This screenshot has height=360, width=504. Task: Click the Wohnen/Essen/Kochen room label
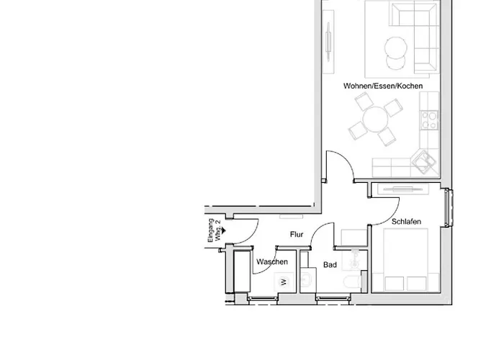(x=383, y=86)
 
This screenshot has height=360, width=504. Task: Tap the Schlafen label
(x=406, y=222)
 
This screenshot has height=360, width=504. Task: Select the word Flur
(x=297, y=234)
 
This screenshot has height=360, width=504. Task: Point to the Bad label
(x=330, y=264)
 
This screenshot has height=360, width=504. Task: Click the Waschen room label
(x=272, y=261)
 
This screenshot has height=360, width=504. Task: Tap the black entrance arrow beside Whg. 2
(x=224, y=230)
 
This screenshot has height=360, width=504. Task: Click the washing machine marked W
(x=284, y=282)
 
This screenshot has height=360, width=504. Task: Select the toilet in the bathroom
(x=352, y=282)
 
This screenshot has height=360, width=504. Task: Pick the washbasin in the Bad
(x=307, y=279)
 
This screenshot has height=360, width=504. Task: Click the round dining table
(x=375, y=120)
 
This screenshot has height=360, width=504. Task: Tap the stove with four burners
(x=430, y=120)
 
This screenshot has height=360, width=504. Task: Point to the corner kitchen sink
(x=423, y=161)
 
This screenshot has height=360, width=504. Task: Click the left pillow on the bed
(x=394, y=284)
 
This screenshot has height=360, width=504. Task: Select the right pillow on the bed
(x=417, y=284)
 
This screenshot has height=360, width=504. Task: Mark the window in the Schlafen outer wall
(x=449, y=207)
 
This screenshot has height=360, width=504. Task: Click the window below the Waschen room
(x=263, y=299)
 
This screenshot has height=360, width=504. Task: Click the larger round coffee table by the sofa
(x=396, y=48)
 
